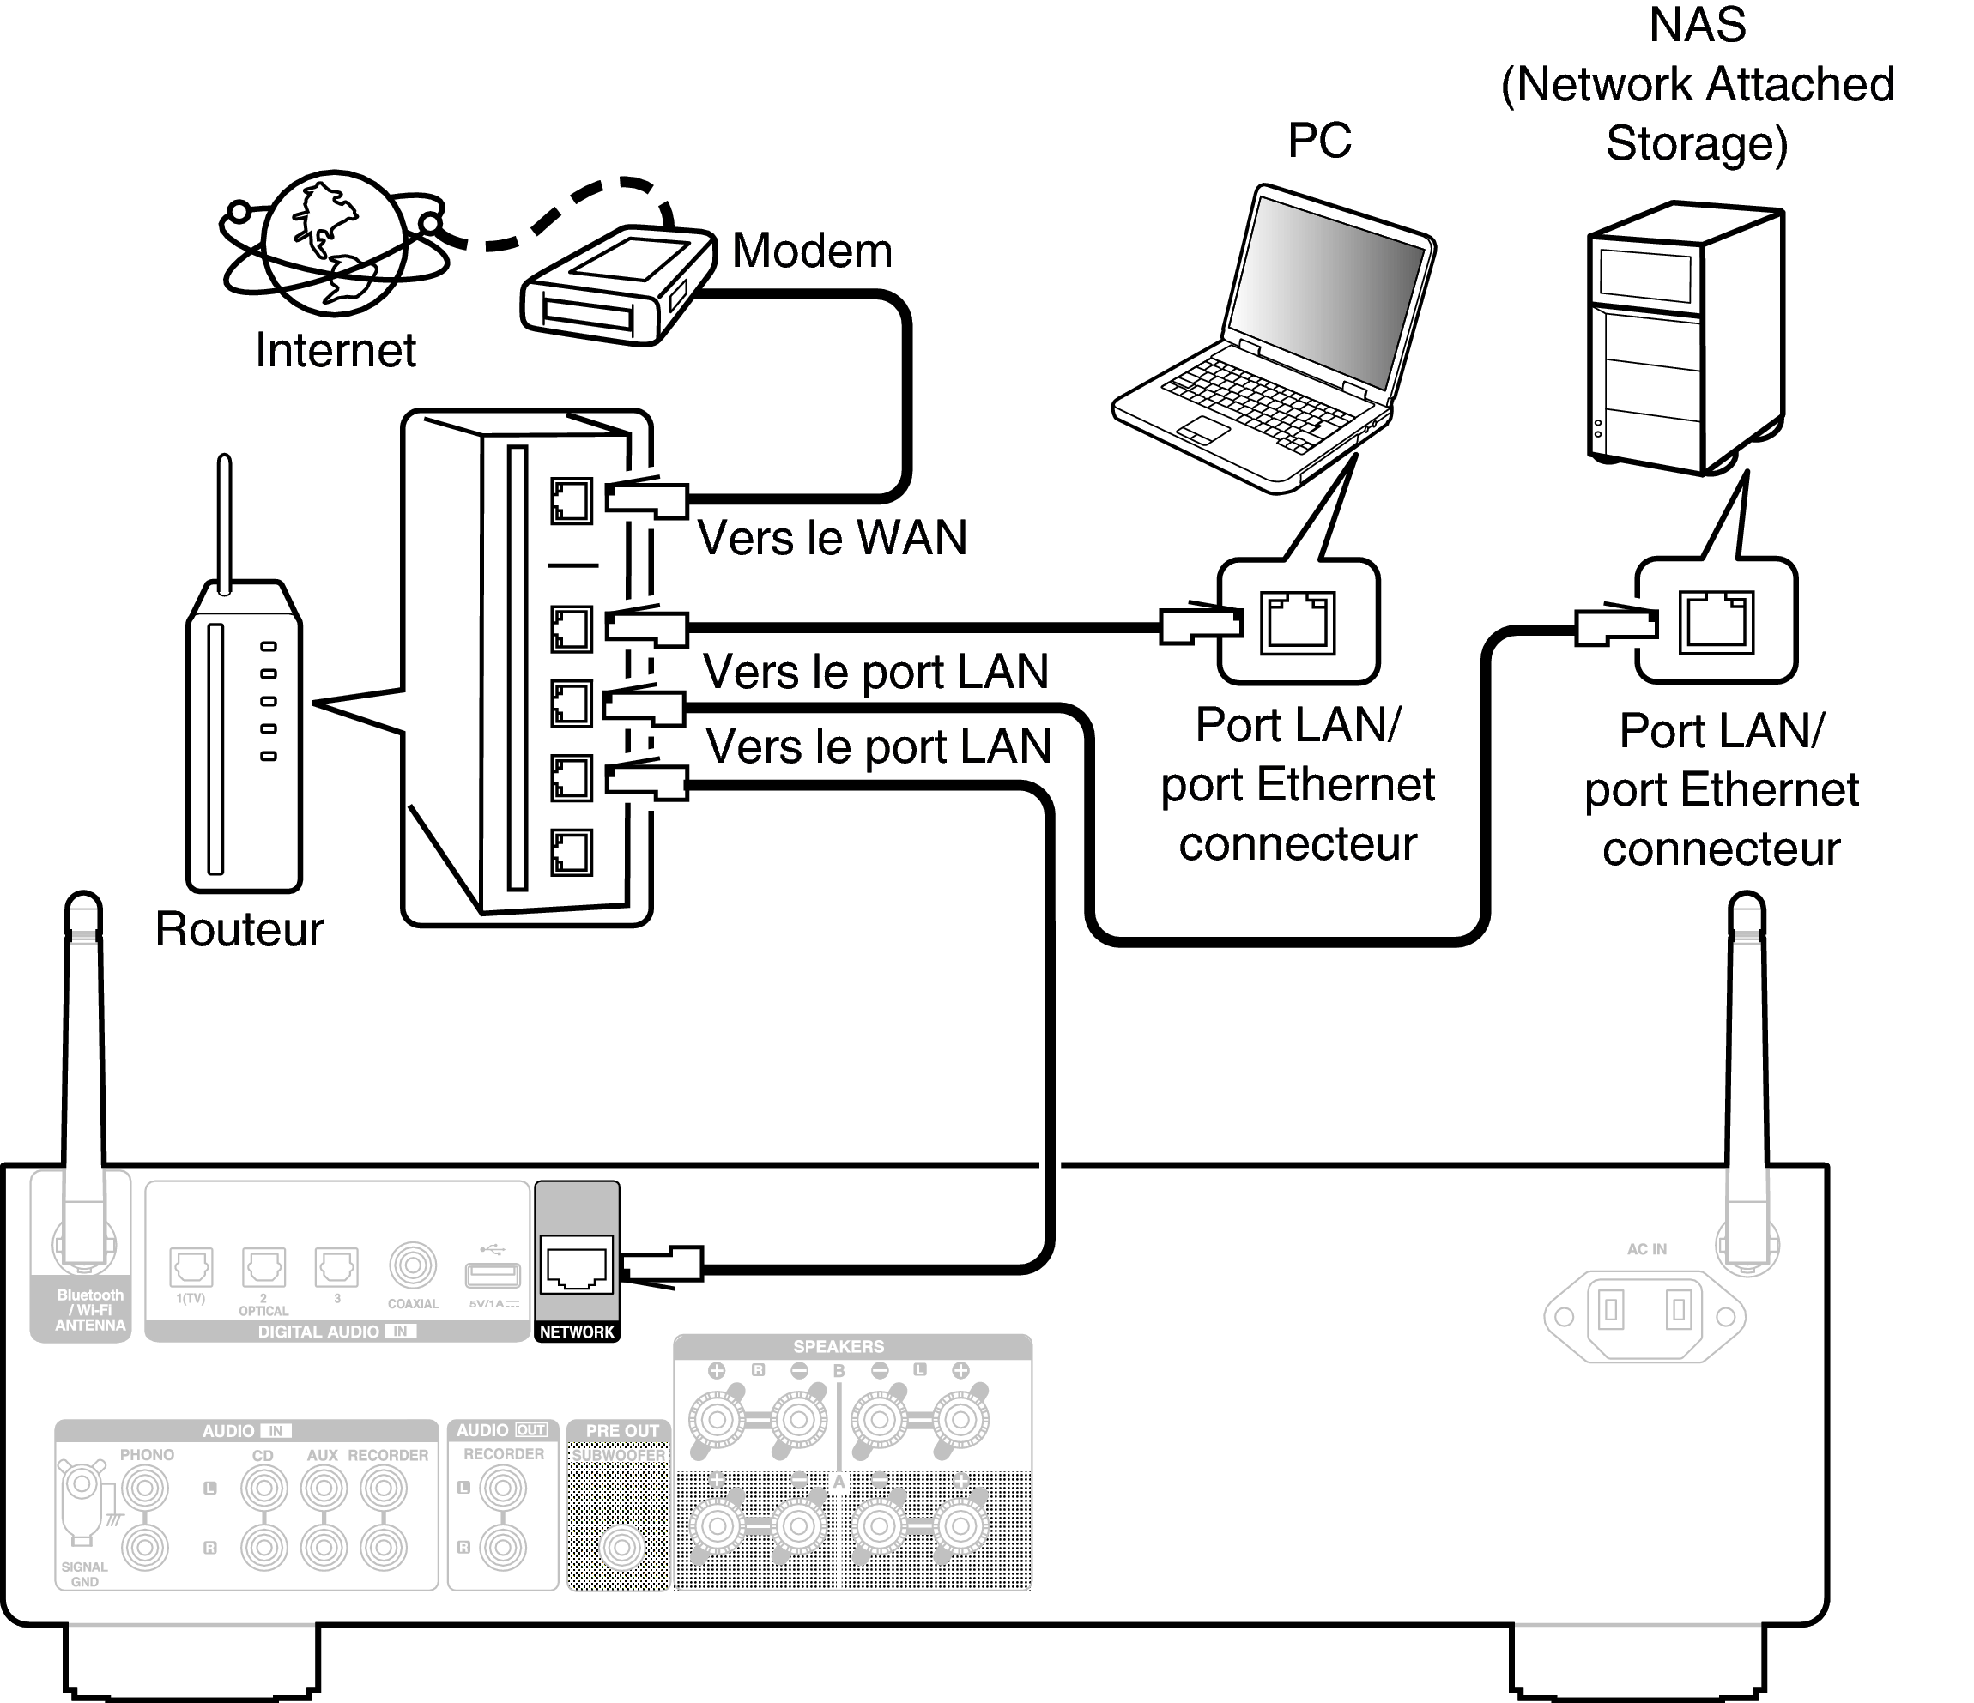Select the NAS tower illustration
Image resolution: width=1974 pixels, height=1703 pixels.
[1685, 338]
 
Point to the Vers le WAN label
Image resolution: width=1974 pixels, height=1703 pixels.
[832, 538]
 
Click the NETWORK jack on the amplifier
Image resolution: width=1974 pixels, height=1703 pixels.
[575, 1265]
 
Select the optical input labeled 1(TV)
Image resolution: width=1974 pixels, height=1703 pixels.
[191, 1267]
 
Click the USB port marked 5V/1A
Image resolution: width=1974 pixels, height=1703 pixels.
[492, 1274]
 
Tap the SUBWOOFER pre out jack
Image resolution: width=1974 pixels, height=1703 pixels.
[621, 1548]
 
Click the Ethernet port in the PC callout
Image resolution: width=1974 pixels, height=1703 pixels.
[1297, 622]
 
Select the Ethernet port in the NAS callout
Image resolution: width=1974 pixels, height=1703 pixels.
[1715, 621]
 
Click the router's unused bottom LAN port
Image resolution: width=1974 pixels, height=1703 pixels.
[571, 853]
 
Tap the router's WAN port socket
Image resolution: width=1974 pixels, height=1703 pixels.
[571, 501]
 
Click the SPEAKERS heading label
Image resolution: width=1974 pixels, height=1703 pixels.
[839, 1347]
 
